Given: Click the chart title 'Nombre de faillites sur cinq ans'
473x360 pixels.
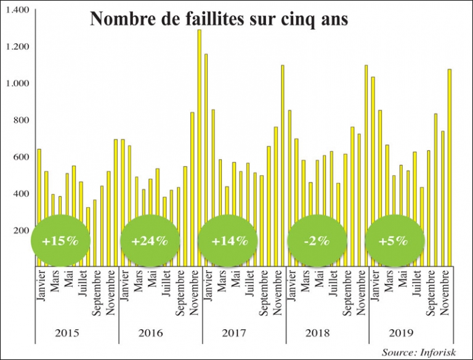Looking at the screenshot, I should pyautogui.click(x=219, y=19).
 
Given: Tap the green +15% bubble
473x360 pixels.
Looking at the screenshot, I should pyautogui.click(x=60, y=241).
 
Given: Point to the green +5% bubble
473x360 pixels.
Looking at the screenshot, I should pyautogui.click(x=395, y=241).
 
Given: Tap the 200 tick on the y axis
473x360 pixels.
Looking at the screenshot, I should pyautogui.click(x=23, y=231).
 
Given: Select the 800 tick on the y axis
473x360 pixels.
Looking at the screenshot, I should pyautogui.click(x=23, y=120).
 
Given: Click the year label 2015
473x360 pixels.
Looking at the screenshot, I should pyautogui.click(x=67, y=333).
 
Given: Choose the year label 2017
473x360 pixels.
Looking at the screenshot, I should pyautogui.click(x=234, y=333).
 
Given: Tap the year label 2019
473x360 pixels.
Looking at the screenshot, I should pyautogui.click(x=402, y=333).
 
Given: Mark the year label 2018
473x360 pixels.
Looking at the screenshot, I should pyautogui.click(x=318, y=333).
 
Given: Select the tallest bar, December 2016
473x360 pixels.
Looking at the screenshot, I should pyautogui.click(x=200, y=148).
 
